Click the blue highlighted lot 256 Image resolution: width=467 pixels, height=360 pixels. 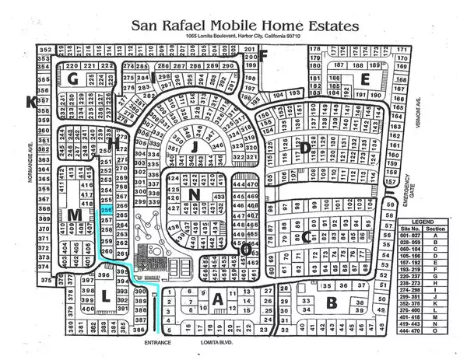pos(107,210)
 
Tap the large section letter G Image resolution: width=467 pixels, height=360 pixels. pos(73,79)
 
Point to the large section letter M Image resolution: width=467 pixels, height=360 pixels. pos(75,215)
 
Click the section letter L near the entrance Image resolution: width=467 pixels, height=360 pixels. pos(105,294)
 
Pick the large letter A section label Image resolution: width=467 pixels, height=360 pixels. pos(218,299)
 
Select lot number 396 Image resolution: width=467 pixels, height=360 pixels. pos(102,274)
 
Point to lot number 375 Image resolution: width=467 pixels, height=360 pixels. pos(47,278)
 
